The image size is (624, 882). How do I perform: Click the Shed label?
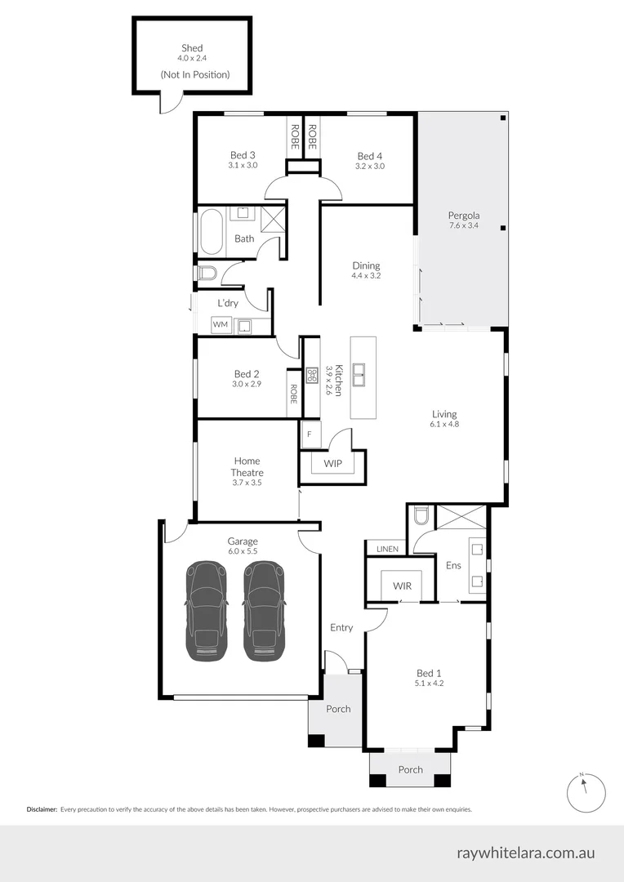[x=191, y=48]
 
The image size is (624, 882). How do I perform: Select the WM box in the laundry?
[x=220, y=325]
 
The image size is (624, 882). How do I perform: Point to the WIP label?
[x=332, y=464]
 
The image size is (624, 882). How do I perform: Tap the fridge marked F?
[x=309, y=434]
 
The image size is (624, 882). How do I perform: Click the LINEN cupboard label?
[x=387, y=549]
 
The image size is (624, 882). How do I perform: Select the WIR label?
[x=401, y=586]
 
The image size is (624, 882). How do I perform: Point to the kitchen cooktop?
[x=311, y=376]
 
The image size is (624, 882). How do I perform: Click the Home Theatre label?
[x=247, y=466]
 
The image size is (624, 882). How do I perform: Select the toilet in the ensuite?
[x=420, y=516]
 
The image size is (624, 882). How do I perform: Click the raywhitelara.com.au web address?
[x=526, y=853]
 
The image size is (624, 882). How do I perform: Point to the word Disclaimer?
[x=42, y=809]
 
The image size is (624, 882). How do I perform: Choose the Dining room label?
[x=366, y=265]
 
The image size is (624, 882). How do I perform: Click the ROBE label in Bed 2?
[x=293, y=394]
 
